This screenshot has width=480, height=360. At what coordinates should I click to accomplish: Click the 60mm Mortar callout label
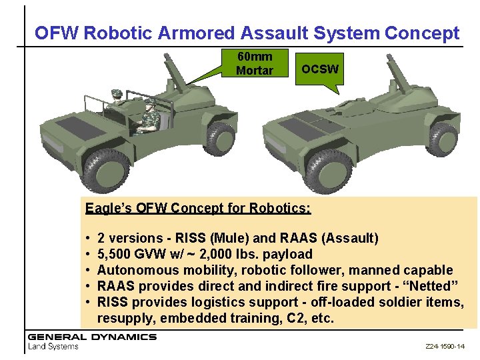pos(254,63)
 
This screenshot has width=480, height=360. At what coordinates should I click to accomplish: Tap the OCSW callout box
pos(319,69)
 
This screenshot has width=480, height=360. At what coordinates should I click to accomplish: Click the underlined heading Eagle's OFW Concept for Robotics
pos(198,207)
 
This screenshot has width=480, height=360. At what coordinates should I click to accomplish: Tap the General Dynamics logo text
pos(92,337)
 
